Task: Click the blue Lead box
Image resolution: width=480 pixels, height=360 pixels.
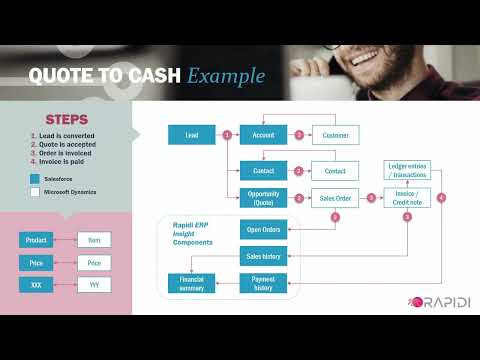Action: pos(191,134)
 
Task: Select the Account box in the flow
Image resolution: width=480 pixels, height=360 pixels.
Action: pos(264,134)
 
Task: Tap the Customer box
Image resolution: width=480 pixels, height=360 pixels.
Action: pos(335,134)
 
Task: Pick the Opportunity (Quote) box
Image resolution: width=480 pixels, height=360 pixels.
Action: pos(264,198)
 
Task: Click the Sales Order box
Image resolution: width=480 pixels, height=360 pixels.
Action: pos(335,198)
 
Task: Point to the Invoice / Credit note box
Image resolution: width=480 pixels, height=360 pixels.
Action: pos(405,198)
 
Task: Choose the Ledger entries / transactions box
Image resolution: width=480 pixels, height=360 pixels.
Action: pos(405,169)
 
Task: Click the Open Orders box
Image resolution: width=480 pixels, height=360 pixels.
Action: pos(264,230)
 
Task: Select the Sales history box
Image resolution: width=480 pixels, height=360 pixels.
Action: pos(264,257)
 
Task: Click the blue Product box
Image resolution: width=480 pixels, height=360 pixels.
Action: pos(35,240)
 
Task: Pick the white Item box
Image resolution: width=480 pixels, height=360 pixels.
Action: pos(94,240)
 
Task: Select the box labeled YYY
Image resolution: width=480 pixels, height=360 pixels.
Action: pos(94,285)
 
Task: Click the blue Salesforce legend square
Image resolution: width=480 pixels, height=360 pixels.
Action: pos(35,177)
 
